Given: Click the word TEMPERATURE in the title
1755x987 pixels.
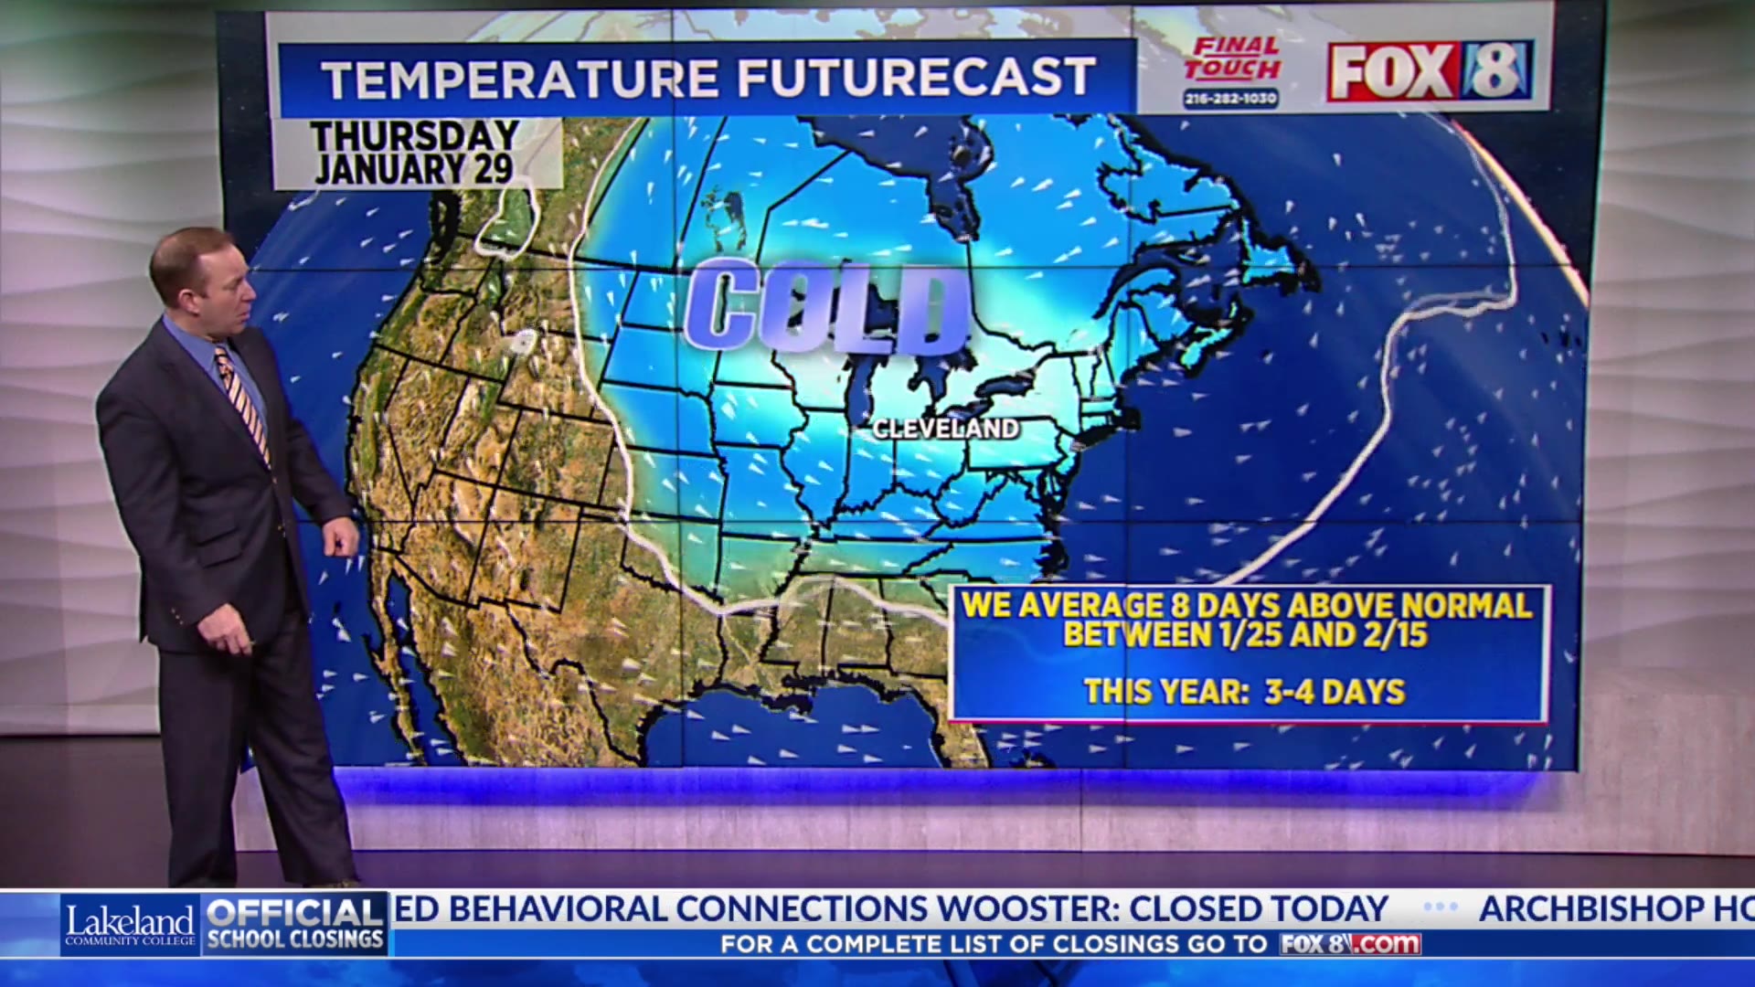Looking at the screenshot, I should (x=521, y=79).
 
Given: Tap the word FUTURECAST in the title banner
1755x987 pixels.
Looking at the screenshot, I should (x=916, y=78).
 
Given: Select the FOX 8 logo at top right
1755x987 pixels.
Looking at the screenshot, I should (x=1430, y=70).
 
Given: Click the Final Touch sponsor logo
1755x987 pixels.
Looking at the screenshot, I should (x=1231, y=58).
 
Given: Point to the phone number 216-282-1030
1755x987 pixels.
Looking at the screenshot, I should (x=1231, y=98).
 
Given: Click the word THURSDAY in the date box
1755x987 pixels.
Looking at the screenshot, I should (x=415, y=137).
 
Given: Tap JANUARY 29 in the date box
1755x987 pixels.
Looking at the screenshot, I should (x=413, y=170).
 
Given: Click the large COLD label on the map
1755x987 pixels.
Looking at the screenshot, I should (x=825, y=306).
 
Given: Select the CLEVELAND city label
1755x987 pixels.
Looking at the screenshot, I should (x=945, y=429).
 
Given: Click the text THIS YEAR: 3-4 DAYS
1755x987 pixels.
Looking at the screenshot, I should (x=1244, y=692).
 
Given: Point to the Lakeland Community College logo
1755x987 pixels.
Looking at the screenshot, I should (x=130, y=925).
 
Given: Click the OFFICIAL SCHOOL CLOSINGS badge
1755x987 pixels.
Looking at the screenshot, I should (x=295, y=925).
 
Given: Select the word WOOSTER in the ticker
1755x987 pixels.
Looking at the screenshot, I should (x=1028, y=909).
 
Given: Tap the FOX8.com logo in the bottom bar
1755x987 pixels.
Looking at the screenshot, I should (x=1349, y=944).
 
